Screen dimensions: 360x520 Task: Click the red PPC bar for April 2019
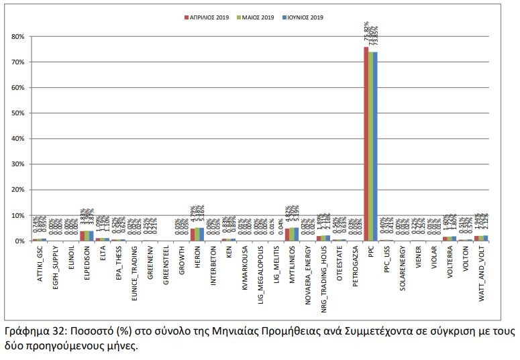pyautogui.click(x=366, y=144)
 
